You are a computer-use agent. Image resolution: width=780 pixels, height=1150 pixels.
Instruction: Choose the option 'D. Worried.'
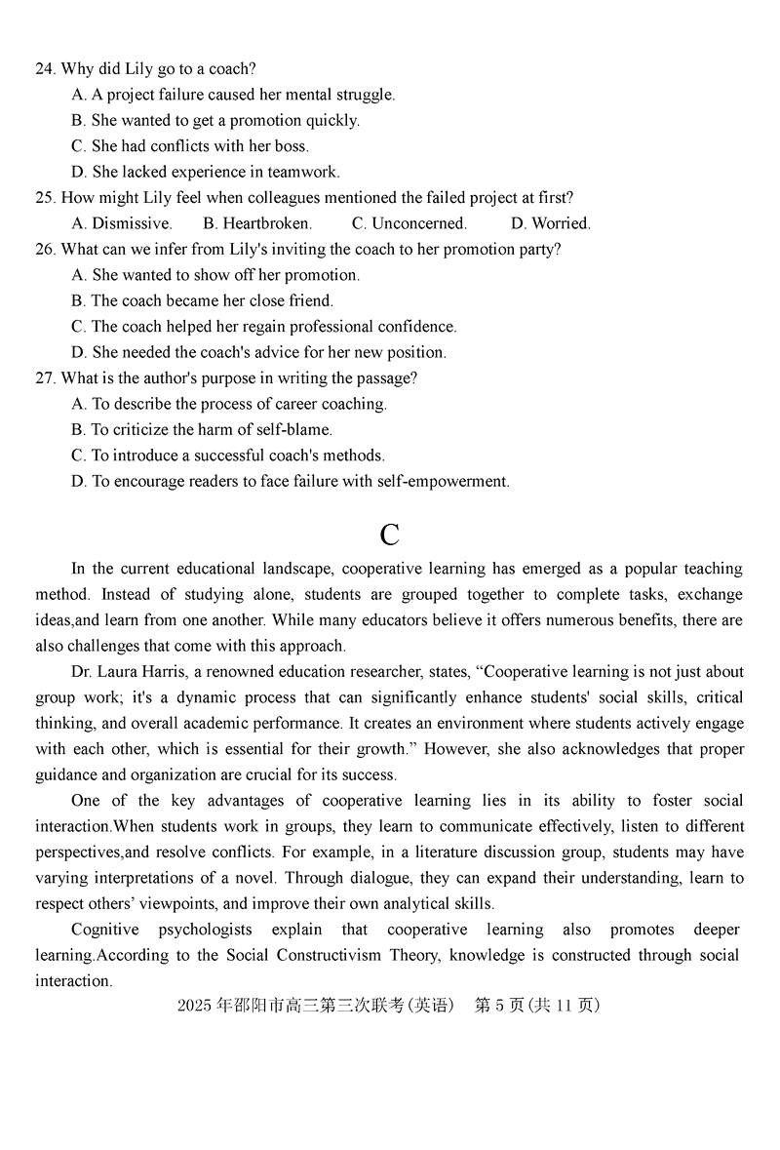click(x=551, y=223)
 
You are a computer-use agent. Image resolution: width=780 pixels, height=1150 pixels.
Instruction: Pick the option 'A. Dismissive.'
click(x=122, y=223)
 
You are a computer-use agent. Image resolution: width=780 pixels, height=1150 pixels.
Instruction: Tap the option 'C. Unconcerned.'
click(x=409, y=223)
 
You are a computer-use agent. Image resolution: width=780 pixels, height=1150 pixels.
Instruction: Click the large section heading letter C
click(x=389, y=535)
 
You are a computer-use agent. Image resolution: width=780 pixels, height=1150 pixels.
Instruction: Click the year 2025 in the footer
click(x=194, y=1007)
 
